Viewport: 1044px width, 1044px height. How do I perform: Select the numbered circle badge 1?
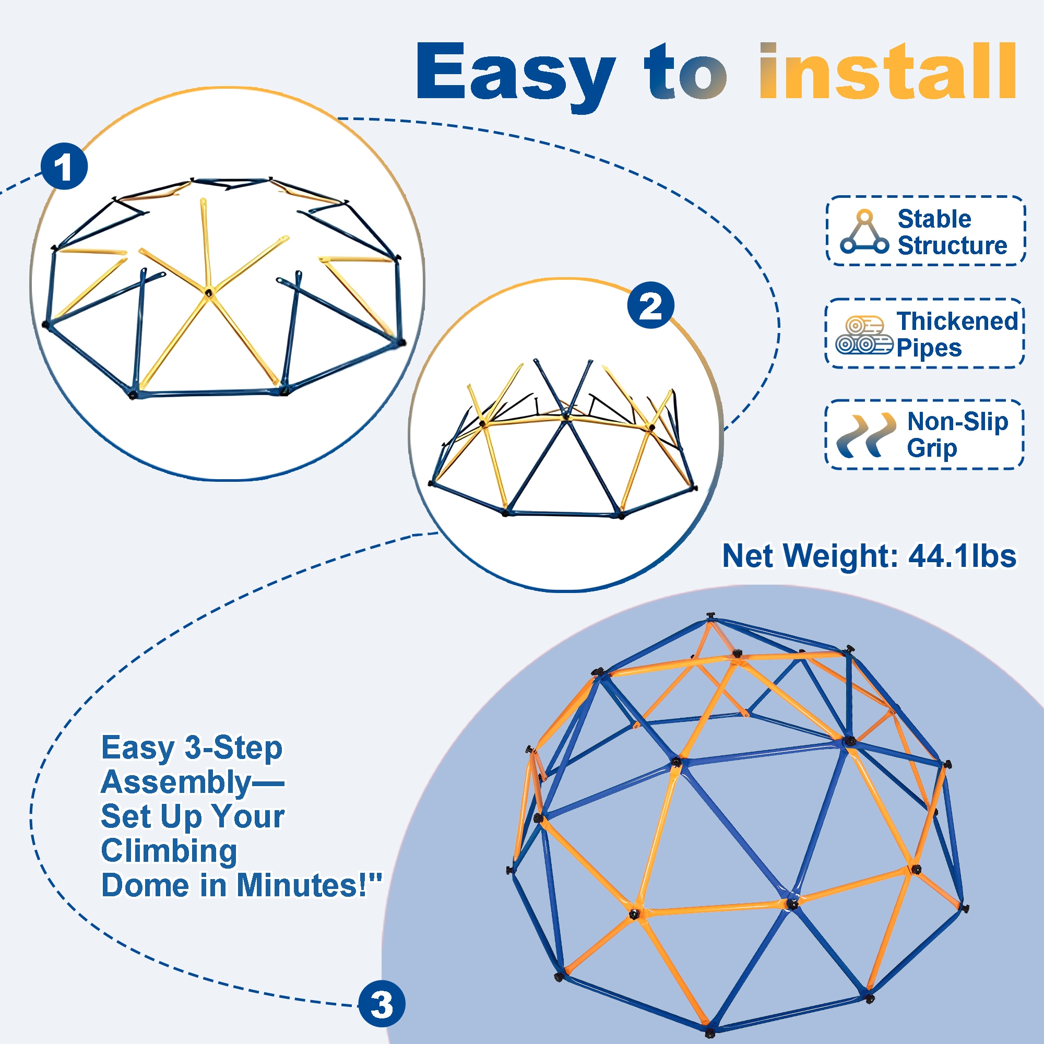point(64,166)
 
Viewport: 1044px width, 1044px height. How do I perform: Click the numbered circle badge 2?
point(650,305)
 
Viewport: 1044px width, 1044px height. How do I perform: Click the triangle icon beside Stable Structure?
point(864,232)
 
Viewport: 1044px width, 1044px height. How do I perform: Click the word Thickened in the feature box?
point(957,321)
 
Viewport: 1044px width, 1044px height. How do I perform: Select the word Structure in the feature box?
point(953,246)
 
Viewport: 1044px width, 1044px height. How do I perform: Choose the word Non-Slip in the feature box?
point(957,421)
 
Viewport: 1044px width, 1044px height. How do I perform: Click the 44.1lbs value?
point(963,556)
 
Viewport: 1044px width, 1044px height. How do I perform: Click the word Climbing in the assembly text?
point(169,851)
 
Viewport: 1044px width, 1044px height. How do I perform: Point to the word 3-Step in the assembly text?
point(233,750)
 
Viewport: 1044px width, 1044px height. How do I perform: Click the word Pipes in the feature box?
point(929,349)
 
